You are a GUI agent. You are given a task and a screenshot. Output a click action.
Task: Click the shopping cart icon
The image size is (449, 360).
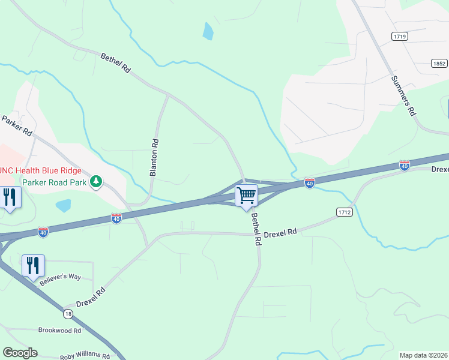coord(246,196)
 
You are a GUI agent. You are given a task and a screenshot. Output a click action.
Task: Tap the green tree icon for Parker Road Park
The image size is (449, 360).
coord(95,181)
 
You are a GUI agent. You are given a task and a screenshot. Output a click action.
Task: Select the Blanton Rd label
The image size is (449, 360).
coord(154,158)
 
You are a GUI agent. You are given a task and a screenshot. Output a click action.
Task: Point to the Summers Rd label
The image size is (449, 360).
coord(403,95)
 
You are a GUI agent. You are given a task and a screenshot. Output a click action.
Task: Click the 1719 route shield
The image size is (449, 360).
coord(400,37)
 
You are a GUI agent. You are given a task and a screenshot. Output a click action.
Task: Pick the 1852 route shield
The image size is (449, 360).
coord(439,63)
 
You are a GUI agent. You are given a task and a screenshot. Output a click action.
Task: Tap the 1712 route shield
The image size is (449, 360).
coord(344,212)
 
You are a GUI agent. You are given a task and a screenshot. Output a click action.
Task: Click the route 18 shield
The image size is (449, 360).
coord(68,314)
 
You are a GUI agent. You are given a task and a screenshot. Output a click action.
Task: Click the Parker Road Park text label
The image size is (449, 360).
coord(55,182)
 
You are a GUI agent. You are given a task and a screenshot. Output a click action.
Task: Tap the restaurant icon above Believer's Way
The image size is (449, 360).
coord(33,265)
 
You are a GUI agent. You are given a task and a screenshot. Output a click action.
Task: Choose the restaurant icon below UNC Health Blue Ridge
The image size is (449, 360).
coord(10,197)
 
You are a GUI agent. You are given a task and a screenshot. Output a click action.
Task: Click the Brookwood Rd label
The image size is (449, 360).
coord(59,331)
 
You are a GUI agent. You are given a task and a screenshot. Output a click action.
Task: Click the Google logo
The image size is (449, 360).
coord(20,353)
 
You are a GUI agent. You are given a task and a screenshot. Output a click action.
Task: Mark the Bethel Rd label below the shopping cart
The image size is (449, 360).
coord(256,230)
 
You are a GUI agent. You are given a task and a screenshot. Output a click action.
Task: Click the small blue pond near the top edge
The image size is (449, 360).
coord(208,31)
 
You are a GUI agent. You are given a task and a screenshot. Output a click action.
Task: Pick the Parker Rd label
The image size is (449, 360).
coord(16,127)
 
